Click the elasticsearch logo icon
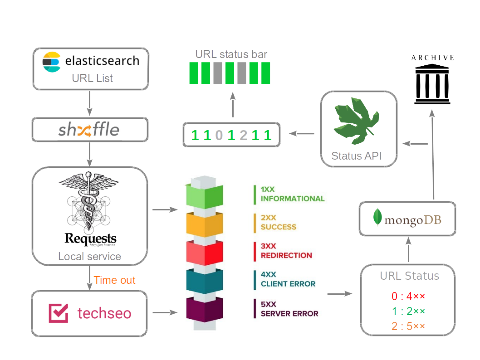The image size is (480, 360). tap(51, 62)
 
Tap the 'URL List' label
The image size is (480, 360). tap(92, 78)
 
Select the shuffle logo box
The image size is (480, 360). tap(89, 130)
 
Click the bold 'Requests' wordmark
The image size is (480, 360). tap(90, 238)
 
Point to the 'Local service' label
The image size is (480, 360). tap(89, 256)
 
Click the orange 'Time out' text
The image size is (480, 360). tap(114, 280)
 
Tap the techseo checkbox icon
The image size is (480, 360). tap(59, 313)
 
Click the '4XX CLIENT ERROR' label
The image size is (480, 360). tap(288, 279)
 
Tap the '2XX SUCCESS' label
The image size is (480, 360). tap(278, 222)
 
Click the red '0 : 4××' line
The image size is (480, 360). tap(408, 297)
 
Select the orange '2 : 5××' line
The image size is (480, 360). tap(408, 326)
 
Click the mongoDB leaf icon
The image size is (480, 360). tap(377, 218)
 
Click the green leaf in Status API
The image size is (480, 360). tap(356, 121)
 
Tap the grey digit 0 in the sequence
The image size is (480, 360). tap(219, 135)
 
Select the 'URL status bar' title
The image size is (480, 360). tap(231, 54)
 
